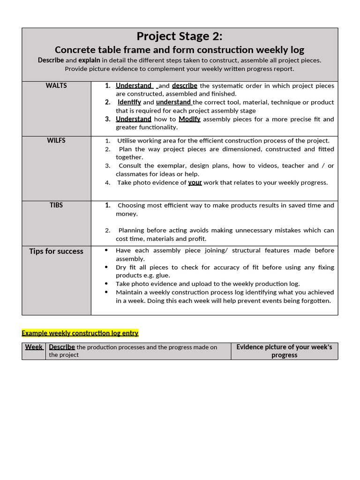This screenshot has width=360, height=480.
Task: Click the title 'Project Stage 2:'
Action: [x=180, y=36]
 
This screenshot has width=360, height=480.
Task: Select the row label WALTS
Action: [x=56, y=85]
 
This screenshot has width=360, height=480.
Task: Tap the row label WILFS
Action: [x=56, y=141]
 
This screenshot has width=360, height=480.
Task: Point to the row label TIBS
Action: [x=56, y=205]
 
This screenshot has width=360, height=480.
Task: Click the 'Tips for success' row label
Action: [x=56, y=251]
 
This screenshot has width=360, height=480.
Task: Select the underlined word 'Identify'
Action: [x=129, y=102]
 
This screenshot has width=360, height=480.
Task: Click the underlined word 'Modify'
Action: [x=189, y=119]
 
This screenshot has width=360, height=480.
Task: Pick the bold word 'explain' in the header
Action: [x=89, y=60]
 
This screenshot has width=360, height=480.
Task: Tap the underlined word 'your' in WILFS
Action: [x=195, y=183]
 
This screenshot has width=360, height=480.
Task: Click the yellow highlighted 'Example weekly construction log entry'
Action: [x=80, y=333]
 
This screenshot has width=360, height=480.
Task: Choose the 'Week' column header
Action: [x=34, y=347]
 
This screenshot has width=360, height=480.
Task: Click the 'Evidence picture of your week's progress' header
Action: [x=284, y=351]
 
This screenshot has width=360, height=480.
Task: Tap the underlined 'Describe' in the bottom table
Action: [x=62, y=347]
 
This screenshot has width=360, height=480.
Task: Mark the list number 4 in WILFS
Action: [x=107, y=183]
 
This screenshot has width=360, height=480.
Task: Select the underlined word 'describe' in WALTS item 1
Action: [x=185, y=86]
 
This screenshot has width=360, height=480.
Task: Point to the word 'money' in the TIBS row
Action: [x=127, y=214]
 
